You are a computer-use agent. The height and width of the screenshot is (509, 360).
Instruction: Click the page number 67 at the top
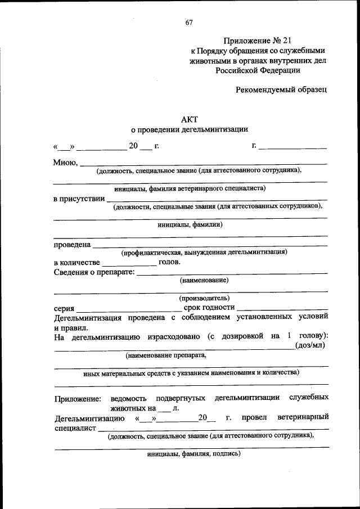[188, 22]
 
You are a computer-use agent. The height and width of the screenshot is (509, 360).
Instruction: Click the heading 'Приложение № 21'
[258, 40]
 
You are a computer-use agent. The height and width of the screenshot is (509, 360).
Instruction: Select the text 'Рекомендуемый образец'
[281, 89]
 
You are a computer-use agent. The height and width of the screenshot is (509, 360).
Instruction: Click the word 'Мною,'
[65, 163]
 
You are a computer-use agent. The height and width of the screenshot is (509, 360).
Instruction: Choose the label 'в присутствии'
[79, 199]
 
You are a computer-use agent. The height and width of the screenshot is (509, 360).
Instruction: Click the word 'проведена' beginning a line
[72, 245]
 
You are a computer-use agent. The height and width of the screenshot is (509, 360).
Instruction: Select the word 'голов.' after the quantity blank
[170, 262]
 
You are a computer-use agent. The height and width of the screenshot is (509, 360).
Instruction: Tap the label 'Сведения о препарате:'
[94, 273]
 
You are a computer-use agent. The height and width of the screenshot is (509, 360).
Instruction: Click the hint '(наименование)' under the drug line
[204, 280]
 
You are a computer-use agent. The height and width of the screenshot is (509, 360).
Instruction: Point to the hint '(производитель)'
[204, 298]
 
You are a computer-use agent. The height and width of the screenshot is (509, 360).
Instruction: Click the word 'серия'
[64, 308]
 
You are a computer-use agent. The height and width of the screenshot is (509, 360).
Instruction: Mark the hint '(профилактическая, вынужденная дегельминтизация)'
[204, 253]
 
